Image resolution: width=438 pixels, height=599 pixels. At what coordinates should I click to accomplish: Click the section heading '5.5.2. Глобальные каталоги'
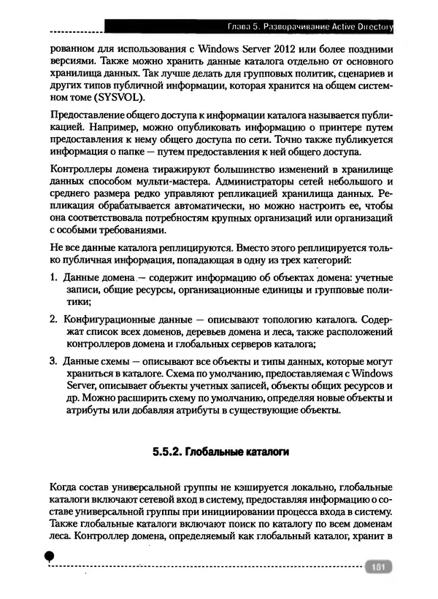tap(221, 452)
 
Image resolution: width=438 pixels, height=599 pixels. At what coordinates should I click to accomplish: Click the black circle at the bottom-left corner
tap(49, 556)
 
